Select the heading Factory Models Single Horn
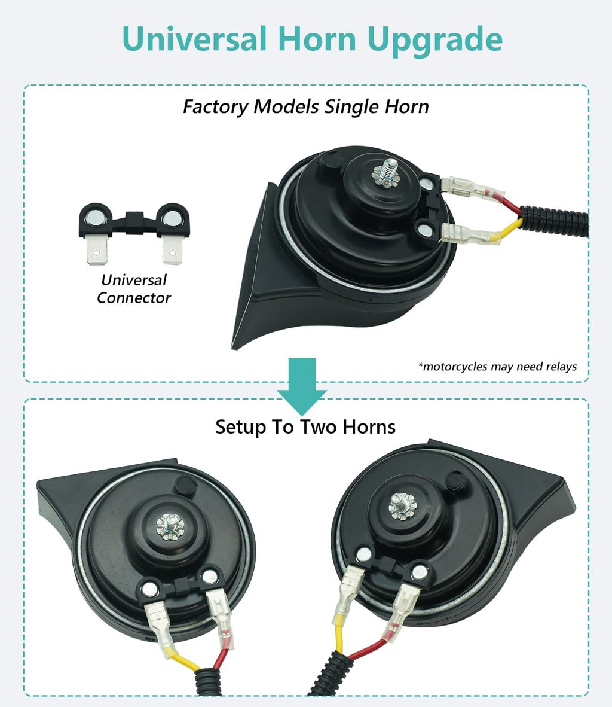(305, 107)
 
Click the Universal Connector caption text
(134, 288)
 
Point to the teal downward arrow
(302, 386)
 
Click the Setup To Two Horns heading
(305, 427)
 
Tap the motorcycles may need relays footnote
(497, 367)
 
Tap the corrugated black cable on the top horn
(554, 220)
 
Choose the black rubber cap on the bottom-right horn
(455, 481)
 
